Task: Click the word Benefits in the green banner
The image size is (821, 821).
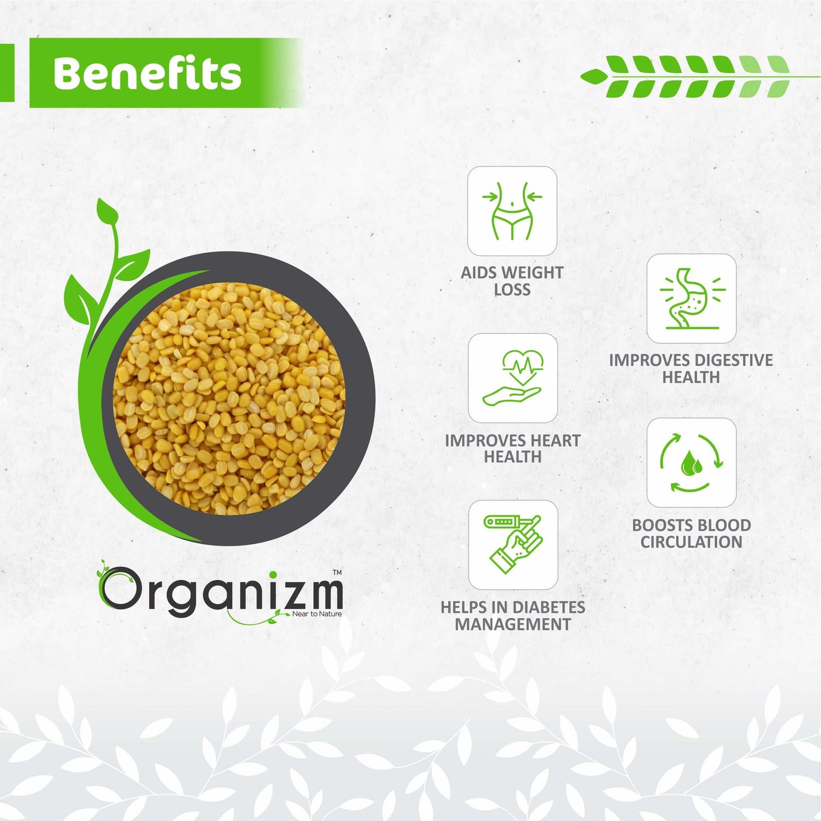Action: coord(147,73)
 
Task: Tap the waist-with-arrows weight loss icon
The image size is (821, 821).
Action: coord(512,211)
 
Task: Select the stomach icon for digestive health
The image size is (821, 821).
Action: coord(691,298)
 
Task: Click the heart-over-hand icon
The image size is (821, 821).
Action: coord(512,378)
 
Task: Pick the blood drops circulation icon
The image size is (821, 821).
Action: coord(691,462)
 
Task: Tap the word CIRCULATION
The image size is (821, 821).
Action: coord(691,542)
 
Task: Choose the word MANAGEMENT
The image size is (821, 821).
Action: coord(513,624)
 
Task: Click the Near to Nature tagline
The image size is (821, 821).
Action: coord(317,614)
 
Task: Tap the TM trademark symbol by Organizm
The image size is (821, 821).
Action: coord(336,573)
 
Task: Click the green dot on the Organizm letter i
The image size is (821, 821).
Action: coord(273,575)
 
